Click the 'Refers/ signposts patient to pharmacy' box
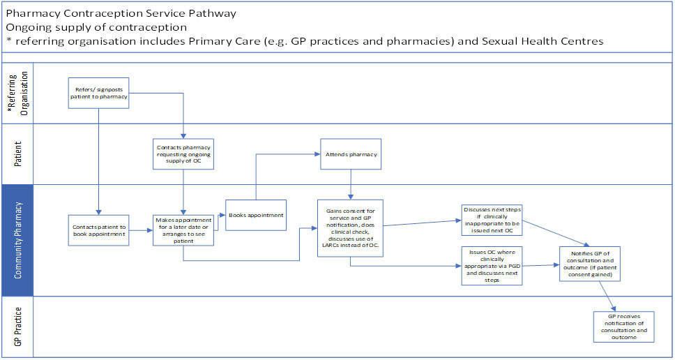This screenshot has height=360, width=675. [98, 93]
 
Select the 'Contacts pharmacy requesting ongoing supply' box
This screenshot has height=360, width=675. [184, 153]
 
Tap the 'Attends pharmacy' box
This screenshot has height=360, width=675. [351, 153]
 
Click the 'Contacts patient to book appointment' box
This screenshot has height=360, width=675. [98, 230]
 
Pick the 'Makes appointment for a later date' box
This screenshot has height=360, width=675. [184, 230]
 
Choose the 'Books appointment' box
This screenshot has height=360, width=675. [256, 215]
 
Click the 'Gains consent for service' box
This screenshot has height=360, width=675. [351, 228]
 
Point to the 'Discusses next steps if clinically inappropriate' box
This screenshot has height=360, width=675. [492, 220]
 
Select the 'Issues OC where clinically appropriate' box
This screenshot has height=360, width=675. [492, 266]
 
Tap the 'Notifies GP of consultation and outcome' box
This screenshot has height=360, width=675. [590, 264]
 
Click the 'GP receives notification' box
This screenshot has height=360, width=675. [624, 327]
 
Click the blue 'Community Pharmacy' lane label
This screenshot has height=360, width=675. [17, 240]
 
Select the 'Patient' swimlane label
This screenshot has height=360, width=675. [17, 154]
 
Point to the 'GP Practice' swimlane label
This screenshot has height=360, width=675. [17, 327]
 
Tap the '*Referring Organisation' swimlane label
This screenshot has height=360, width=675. [17, 93]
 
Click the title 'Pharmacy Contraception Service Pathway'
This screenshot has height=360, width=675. [121, 13]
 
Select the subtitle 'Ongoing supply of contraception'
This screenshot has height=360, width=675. [96, 27]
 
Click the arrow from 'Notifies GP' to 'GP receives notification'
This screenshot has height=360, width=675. [608, 297]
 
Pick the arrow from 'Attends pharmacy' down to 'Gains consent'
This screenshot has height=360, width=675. [351, 184]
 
